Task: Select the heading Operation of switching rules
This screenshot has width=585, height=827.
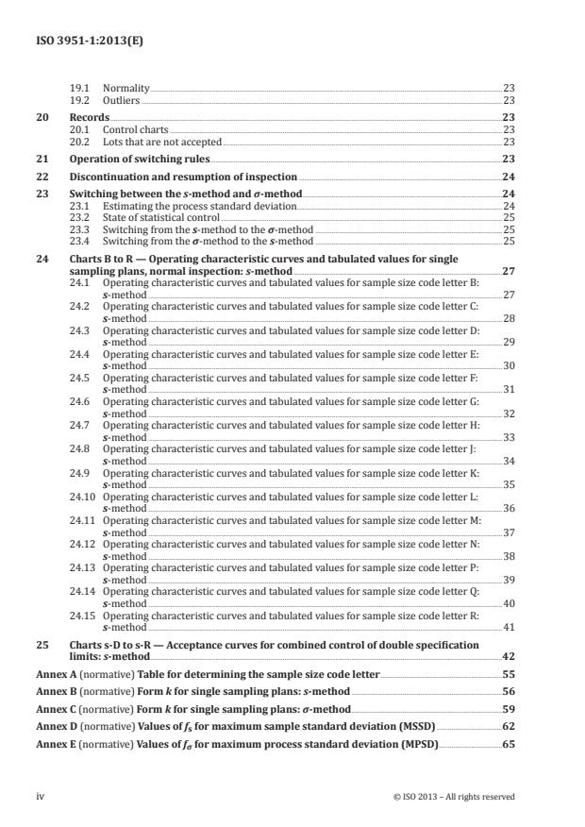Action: pos(140,160)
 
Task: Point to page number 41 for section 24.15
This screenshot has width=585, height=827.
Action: pos(508,626)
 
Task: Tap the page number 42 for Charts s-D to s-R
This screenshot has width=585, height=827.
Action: pos(507,656)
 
